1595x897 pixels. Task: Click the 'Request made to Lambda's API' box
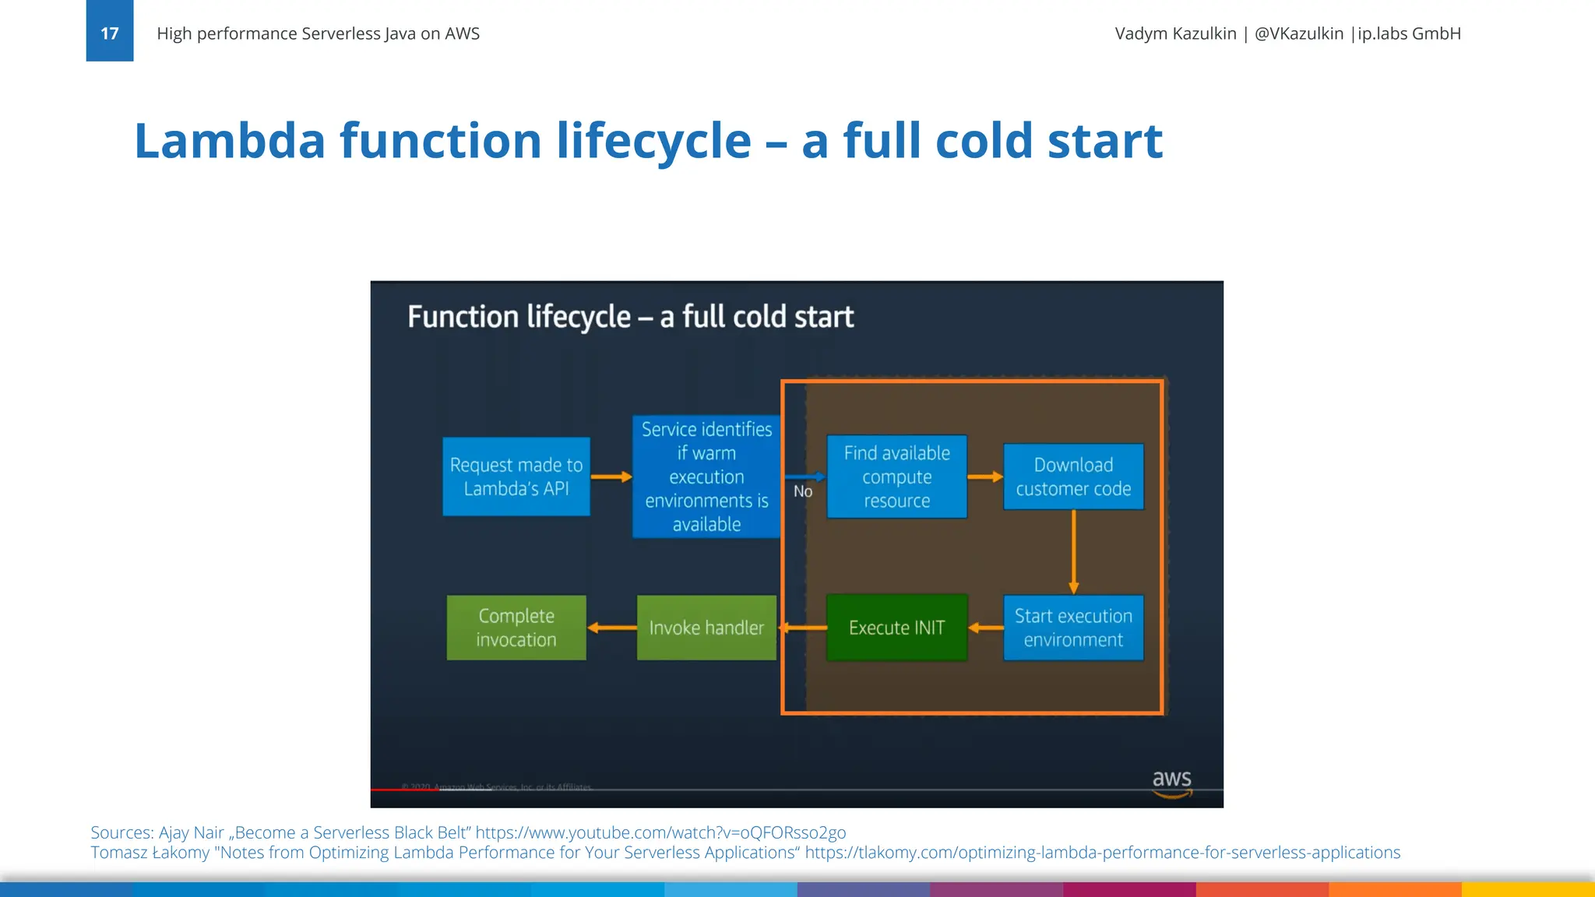tap(516, 477)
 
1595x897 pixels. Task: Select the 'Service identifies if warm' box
tap(706, 477)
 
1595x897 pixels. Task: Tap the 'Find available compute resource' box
tap(896, 477)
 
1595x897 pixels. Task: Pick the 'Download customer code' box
tap(1073, 477)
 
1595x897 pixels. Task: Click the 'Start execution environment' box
tap(1073, 628)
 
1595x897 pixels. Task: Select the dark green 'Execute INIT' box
tap(896, 628)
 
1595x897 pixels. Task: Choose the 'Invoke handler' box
tap(706, 628)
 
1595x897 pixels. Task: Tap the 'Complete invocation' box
tap(516, 628)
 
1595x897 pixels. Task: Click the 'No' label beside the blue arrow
tap(803, 491)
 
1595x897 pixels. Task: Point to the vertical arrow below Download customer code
tap(1073, 551)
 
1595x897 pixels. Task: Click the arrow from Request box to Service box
tap(611, 477)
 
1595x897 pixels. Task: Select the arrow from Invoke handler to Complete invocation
tap(611, 628)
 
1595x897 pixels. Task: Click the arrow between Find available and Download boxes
tap(985, 477)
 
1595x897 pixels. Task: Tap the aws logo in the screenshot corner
tap(1171, 783)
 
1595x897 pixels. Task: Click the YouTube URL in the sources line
tap(660, 832)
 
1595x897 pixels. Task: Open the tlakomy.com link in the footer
tap(1102, 853)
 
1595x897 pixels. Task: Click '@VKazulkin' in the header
tap(1298, 33)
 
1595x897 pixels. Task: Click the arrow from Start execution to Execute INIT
tap(985, 628)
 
